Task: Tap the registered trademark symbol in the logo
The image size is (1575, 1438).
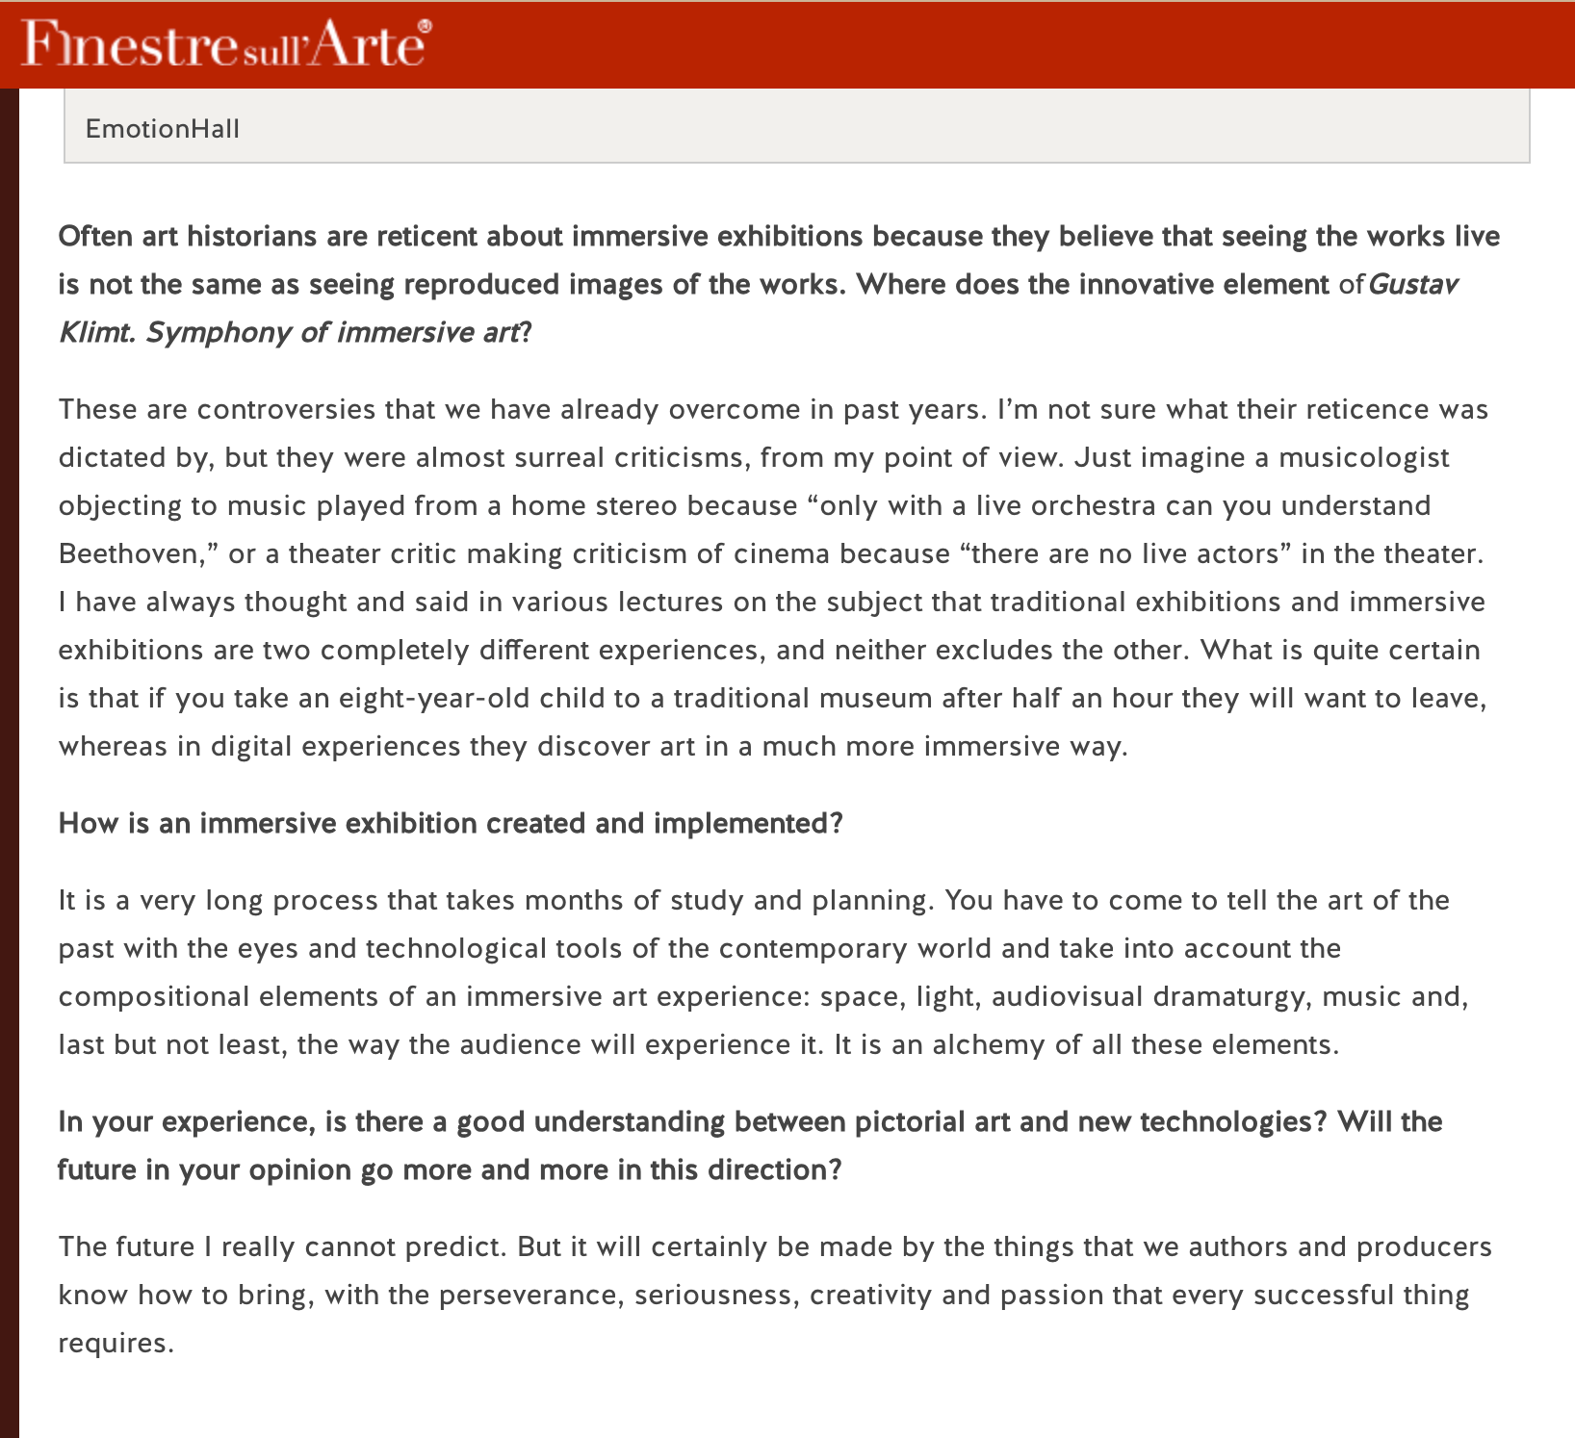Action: click(426, 27)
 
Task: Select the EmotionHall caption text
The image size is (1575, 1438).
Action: click(163, 129)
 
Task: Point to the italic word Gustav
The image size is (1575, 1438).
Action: click(1413, 285)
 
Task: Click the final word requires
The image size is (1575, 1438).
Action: click(116, 1343)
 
